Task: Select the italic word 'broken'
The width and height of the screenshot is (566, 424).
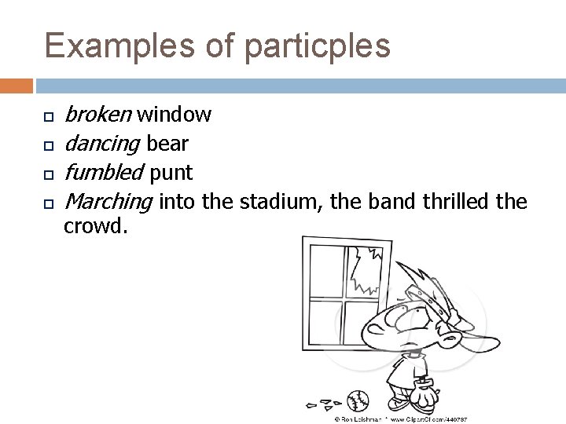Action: click(97, 115)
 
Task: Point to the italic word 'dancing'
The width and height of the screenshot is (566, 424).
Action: click(101, 144)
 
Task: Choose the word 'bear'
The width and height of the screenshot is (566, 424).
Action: click(167, 144)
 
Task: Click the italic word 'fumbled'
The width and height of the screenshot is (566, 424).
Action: click(103, 172)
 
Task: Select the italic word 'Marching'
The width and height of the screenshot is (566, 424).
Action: click(108, 201)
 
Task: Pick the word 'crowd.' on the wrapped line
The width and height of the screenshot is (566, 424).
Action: click(94, 226)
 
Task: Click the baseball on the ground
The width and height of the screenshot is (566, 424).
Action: click(357, 402)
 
